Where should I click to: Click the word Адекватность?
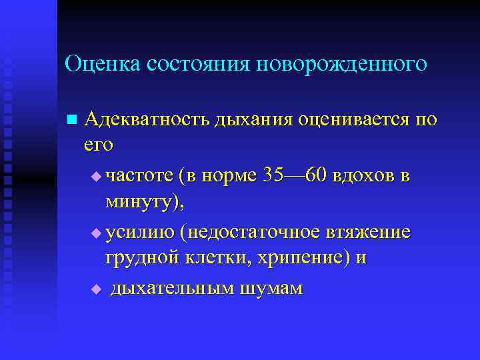click(146, 120)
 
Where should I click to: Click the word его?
click(99, 145)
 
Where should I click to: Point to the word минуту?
click(139, 202)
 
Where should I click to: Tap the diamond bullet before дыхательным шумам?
click(95, 289)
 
